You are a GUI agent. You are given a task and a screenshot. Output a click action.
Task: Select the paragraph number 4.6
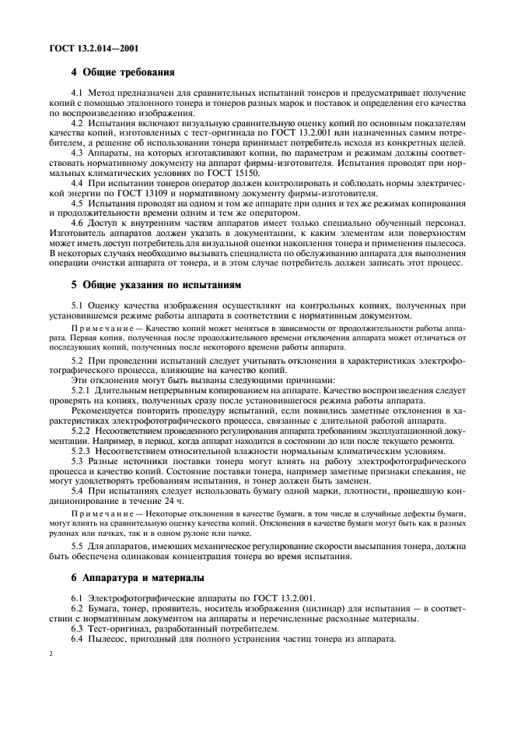(79, 222)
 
